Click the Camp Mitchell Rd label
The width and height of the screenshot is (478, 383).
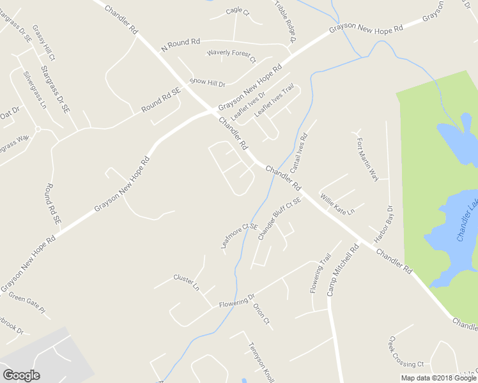click(x=340, y=272)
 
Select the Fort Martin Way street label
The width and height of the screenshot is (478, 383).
click(x=367, y=159)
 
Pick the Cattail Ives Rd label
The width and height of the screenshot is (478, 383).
click(x=298, y=154)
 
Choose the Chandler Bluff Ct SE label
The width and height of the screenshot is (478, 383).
click(x=279, y=219)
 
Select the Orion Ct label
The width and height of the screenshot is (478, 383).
click(x=262, y=313)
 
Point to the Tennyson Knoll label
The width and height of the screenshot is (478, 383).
click(x=261, y=361)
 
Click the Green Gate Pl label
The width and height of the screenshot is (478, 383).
click(x=27, y=304)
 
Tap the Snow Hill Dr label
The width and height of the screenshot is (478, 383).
click(x=208, y=84)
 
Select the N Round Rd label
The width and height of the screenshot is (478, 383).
click(x=181, y=45)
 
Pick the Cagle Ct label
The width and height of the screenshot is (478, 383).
click(x=238, y=11)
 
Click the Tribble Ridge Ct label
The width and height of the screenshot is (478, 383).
click(x=286, y=21)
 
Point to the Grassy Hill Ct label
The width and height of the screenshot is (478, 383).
click(x=44, y=43)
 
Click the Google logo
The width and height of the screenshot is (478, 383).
click(x=21, y=375)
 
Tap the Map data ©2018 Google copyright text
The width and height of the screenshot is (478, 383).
click(x=439, y=378)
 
